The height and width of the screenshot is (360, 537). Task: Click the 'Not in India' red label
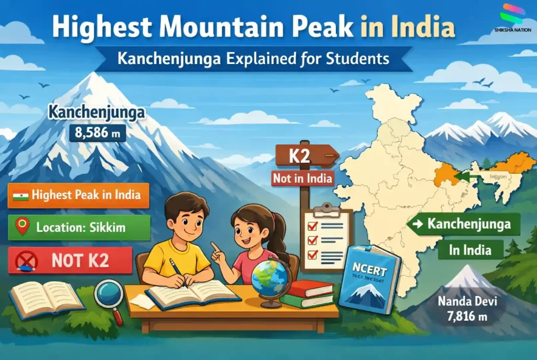point(303,178)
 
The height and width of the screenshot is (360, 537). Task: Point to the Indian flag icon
point(22,196)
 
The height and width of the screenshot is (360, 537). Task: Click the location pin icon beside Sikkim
point(22,227)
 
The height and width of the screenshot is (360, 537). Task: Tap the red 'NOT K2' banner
point(70,260)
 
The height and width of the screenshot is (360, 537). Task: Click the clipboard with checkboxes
point(326,239)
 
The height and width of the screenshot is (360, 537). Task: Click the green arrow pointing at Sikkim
point(461,177)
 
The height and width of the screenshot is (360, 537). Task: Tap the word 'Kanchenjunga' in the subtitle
point(158,58)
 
